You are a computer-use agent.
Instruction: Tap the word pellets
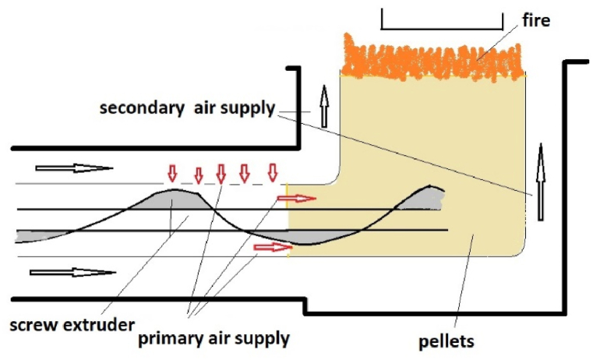click(x=447, y=341)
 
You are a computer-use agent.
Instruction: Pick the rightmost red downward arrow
click(x=272, y=171)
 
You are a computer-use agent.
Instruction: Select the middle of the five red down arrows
click(x=221, y=171)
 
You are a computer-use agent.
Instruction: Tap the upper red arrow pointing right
click(x=296, y=198)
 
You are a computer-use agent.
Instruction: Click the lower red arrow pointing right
click(x=272, y=248)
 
